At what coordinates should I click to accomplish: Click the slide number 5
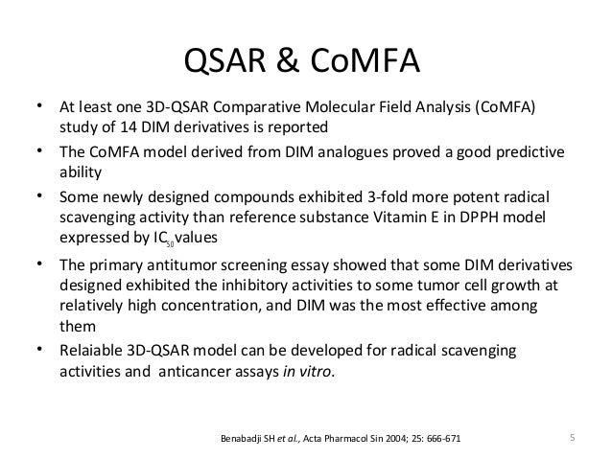click(572, 440)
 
